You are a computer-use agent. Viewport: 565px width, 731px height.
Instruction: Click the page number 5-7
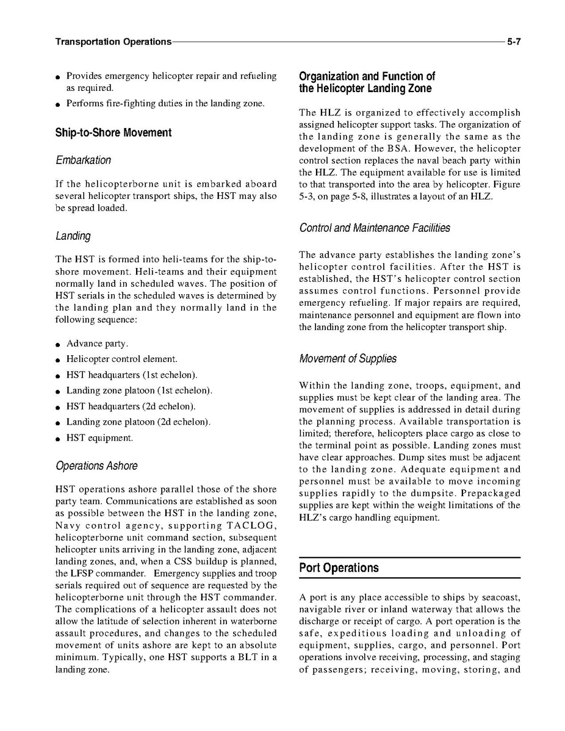[x=513, y=42]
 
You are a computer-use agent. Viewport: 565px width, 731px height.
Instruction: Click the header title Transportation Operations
[x=113, y=42]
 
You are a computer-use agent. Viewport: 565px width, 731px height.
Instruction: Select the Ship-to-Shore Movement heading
[x=113, y=132]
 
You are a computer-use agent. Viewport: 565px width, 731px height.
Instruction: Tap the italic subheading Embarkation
[x=83, y=160]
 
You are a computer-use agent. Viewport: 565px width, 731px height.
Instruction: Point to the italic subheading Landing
[x=73, y=236]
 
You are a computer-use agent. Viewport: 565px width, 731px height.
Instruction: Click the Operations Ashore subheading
[x=96, y=466]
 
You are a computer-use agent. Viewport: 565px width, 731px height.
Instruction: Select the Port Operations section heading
[x=339, y=567]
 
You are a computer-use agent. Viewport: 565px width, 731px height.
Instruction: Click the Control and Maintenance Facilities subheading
[x=375, y=228]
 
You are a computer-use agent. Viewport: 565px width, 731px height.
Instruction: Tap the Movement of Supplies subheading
[x=348, y=358]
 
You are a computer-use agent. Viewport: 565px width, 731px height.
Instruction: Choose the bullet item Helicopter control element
[x=121, y=360]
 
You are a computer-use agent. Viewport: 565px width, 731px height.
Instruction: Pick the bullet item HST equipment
[x=99, y=438]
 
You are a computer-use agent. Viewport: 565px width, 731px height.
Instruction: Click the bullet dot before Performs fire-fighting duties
[x=57, y=104]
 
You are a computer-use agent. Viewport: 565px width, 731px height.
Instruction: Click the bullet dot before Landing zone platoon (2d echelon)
[x=57, y=423]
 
